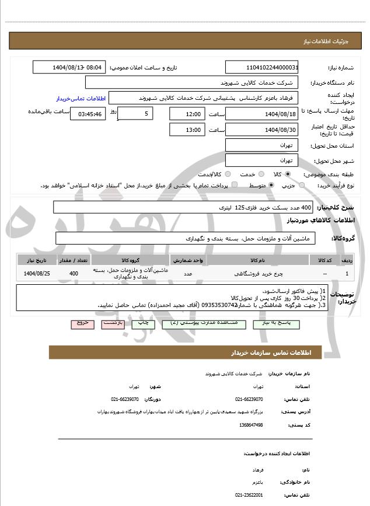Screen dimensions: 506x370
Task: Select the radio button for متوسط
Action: [x=271, y=185]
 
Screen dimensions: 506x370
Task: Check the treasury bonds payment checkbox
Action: [x=235, y=185]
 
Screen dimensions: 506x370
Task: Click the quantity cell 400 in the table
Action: [x=74, y=273]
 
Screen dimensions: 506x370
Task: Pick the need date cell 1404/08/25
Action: [x=36, y=273]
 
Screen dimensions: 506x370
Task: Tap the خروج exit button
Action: [x=81, y=323]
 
